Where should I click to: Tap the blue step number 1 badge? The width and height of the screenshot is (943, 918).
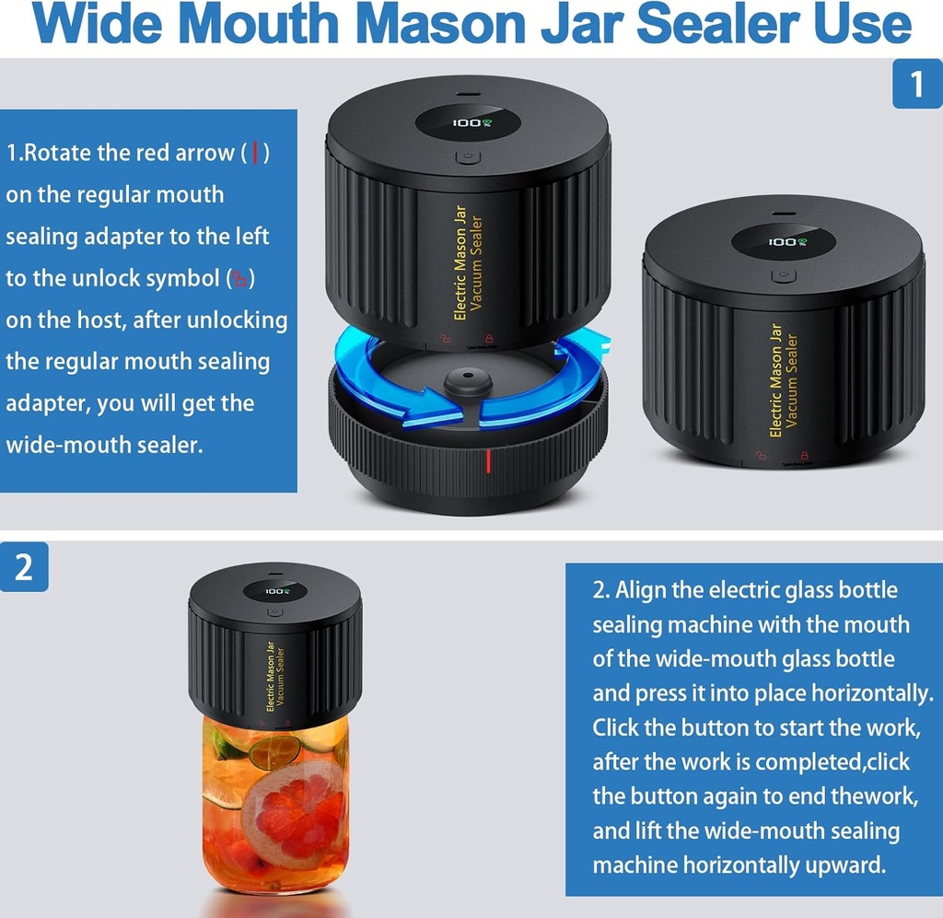tap(915, 85)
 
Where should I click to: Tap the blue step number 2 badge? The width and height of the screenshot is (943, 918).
tap(23, 566)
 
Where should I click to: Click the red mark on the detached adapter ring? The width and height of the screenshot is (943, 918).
tap(489, 461)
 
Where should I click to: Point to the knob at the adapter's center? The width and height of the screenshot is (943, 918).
tap(466, 383)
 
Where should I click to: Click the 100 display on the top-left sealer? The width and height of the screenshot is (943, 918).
tap(468, 122)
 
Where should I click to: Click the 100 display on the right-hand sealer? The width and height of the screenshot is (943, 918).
tap(783, 241)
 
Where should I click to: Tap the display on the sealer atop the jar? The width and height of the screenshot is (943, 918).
tap(275, 591)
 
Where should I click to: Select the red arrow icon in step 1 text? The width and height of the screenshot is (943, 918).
tap(255, 153)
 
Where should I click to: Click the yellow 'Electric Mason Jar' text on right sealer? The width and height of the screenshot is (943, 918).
tap(775, 379)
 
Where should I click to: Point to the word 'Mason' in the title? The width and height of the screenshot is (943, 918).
tap(391, 25)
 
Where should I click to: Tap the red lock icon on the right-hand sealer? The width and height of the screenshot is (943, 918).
tap(805, 455)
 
